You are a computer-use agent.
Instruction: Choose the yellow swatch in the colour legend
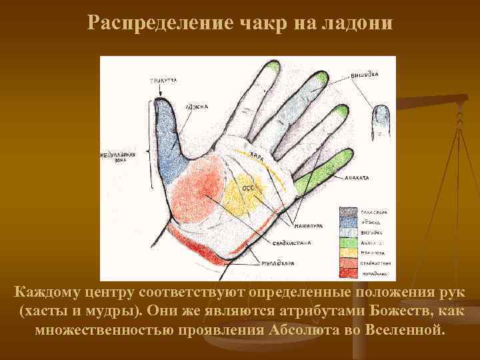pyautogui.click(x=349, y=253)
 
